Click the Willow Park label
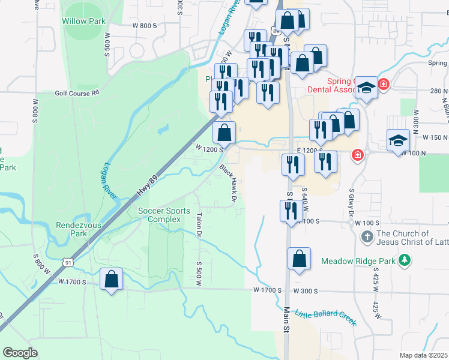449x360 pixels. (x=83, y=21)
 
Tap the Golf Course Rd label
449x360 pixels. (x=77, y=93)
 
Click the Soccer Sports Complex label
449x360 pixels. (x=164, y=215)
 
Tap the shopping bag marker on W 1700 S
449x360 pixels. (x=111, y=279)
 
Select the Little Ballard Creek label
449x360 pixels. (x=330, y=313)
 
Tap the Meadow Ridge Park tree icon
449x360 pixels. (x=406, y=260)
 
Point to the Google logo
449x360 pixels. (x=20, y=353)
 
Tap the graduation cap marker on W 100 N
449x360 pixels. (x=398, y=140)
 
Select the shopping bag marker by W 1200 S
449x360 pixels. (x=224, y=132)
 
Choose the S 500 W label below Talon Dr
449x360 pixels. (x=199, y=271)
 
